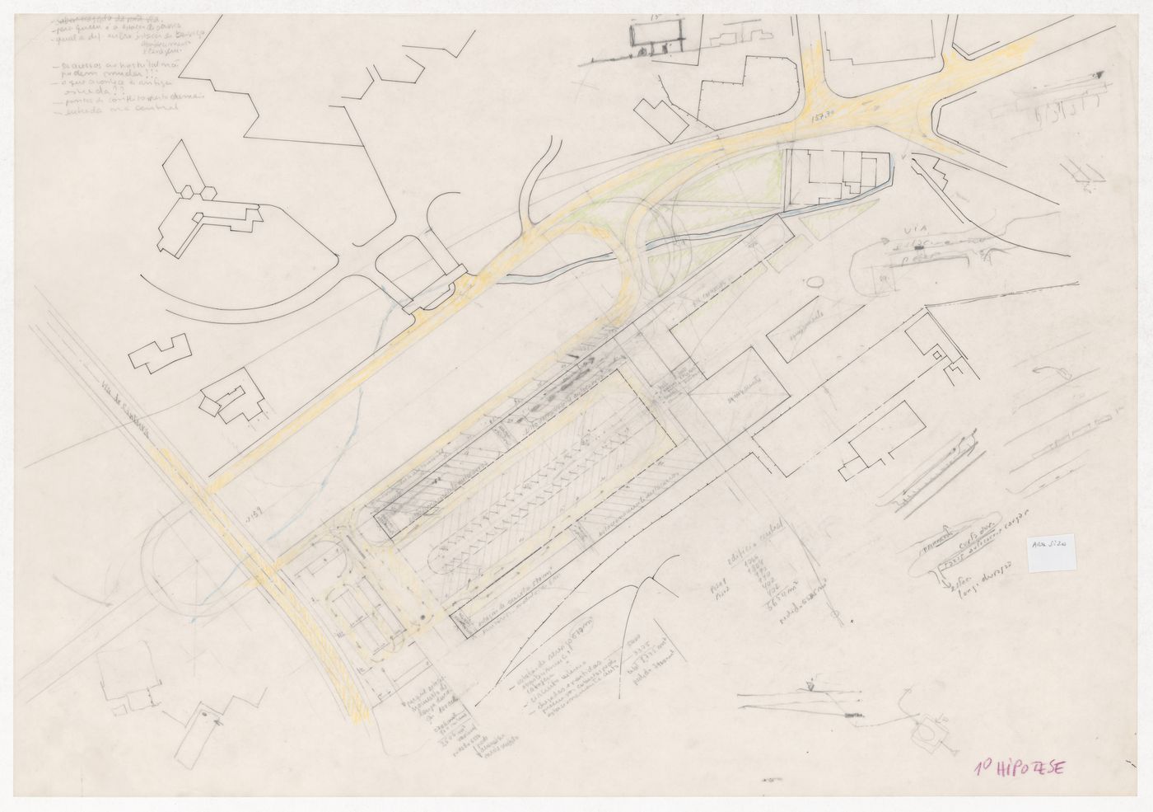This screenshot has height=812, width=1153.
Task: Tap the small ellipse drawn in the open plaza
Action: point(814,282)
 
